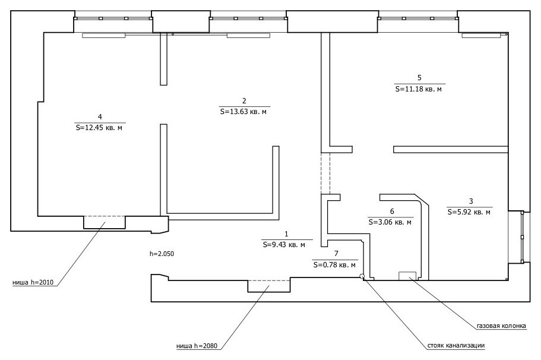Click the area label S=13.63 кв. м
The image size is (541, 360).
tap(243, 112)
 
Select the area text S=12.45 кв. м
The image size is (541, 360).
tap(99, 128)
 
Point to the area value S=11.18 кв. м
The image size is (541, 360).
tap(419, 89)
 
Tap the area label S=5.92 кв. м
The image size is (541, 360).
tap(469, 212)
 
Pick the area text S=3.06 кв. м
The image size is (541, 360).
tap(390, 222)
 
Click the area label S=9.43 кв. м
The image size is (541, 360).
tap(284, 245)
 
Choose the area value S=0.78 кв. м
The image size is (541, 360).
tap(334, 265)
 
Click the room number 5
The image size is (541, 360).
tap(419, 78)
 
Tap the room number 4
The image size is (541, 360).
tap(100, 116)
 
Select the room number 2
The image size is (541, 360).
tap(244, 101)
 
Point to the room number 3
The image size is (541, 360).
tap(471, 201)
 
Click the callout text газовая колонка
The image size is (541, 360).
tap(501, 326)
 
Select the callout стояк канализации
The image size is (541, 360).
tap(455, 346)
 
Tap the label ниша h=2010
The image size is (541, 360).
tap(33, 282)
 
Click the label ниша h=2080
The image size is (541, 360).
tap(197, 346)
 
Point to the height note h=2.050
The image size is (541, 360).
tap(162, 254)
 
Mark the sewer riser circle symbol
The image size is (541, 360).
tap(362, 276)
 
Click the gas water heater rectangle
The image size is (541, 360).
tap(408, 276)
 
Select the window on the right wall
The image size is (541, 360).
tap(523, 237)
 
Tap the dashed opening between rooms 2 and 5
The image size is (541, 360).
tap(325, 173)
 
